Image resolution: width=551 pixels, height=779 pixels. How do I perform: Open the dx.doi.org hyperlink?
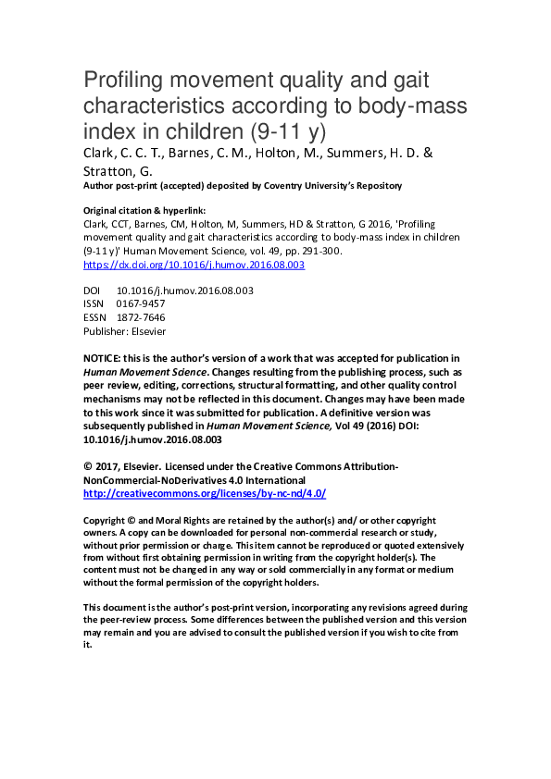click(194, 265)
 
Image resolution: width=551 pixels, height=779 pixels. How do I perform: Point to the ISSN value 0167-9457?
click(141, 303)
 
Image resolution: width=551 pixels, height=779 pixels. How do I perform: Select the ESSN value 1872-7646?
click(141, 316)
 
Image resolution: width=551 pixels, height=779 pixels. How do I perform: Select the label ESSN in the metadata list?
click(95, 316)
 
